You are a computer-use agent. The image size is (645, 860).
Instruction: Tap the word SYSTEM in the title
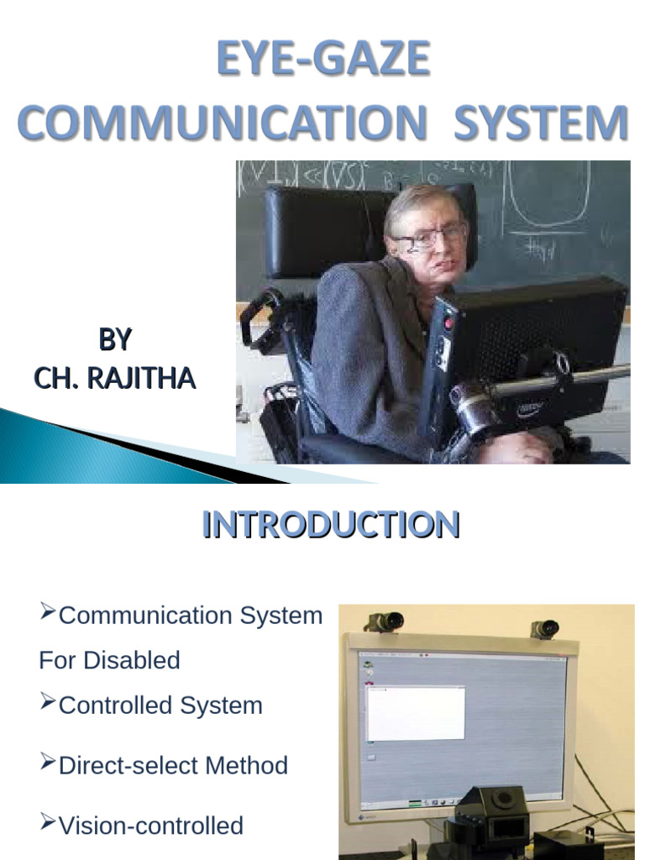click(541, 123)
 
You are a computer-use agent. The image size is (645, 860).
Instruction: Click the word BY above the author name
click(115, 339)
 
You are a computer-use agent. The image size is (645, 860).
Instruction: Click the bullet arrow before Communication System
click(47, 613)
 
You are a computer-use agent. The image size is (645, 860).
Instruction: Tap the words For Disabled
click(109, 660)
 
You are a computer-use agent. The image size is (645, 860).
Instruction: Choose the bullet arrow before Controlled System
click(47, 702)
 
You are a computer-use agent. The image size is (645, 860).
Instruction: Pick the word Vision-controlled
click(150, 826)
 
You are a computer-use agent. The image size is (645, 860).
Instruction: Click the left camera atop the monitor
click(384, 621)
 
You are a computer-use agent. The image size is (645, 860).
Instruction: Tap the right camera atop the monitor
click(544, 628)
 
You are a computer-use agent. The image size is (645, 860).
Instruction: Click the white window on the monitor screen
click(416, 712)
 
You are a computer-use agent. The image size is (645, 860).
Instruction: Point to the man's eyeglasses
click(429, 236)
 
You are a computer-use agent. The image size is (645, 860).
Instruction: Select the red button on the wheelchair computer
click(450, 323)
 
